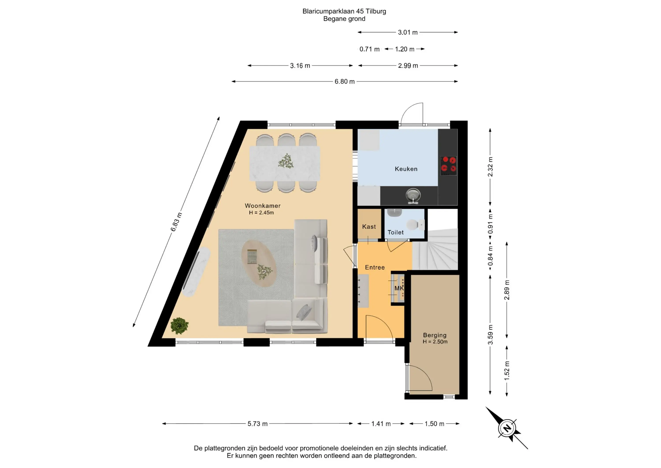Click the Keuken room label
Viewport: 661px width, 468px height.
coord(406,169)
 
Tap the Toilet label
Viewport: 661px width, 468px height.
coord(395,232)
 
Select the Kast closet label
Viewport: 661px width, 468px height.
coord(369,227)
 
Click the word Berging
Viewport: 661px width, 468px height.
coord(435,335)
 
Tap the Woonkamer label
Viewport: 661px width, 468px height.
coord(263,206)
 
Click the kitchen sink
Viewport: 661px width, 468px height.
coord(413,196)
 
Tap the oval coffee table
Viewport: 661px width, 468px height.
coord(259,263)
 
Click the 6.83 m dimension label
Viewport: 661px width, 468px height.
coord(176,222)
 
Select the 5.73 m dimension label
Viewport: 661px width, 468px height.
coord(257,424)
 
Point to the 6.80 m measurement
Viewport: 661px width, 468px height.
coord(344,82)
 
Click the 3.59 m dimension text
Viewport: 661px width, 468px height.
coord(490,335)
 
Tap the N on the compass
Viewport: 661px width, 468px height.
coord(507,428)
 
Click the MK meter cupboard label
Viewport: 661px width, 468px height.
coord(399,288)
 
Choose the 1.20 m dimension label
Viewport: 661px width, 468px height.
coord(405,49)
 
